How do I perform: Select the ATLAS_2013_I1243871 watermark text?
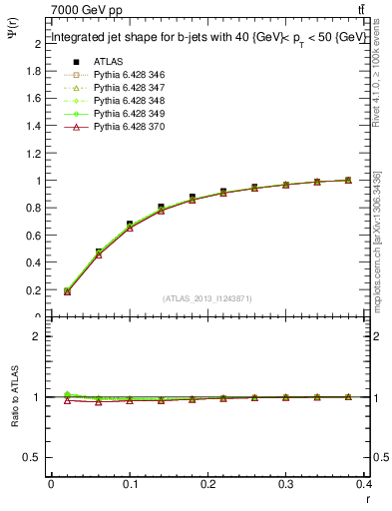click(x=206, y=298)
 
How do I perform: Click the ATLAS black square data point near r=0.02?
click(x=67, y=290)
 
